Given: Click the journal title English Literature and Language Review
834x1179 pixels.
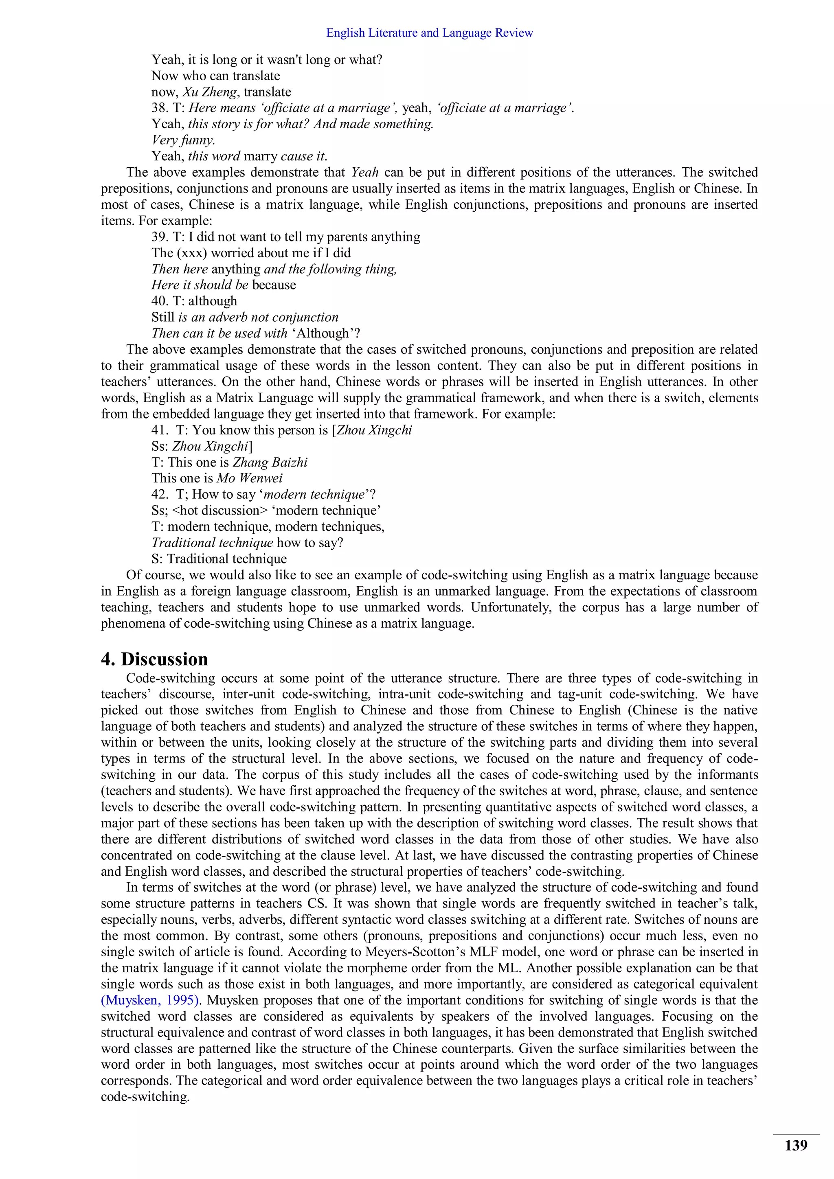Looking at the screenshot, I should [x=429, y=33].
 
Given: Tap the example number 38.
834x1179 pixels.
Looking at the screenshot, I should [x=160, y=108].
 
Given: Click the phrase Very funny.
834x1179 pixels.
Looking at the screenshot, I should [x=183, y=140].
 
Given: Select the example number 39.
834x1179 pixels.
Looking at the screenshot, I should [x=160, y=237].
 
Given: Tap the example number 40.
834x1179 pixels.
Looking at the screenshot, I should [x=160, y=301].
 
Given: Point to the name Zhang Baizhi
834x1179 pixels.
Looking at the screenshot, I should [x=270, y=462].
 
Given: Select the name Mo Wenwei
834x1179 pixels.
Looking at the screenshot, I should [x=250, y=478].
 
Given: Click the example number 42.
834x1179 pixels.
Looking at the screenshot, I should [x=160, y=495].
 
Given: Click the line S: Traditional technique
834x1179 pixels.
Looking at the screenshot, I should [x=219, y=559].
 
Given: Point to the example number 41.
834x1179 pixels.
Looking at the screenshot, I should [x=160, y=430].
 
